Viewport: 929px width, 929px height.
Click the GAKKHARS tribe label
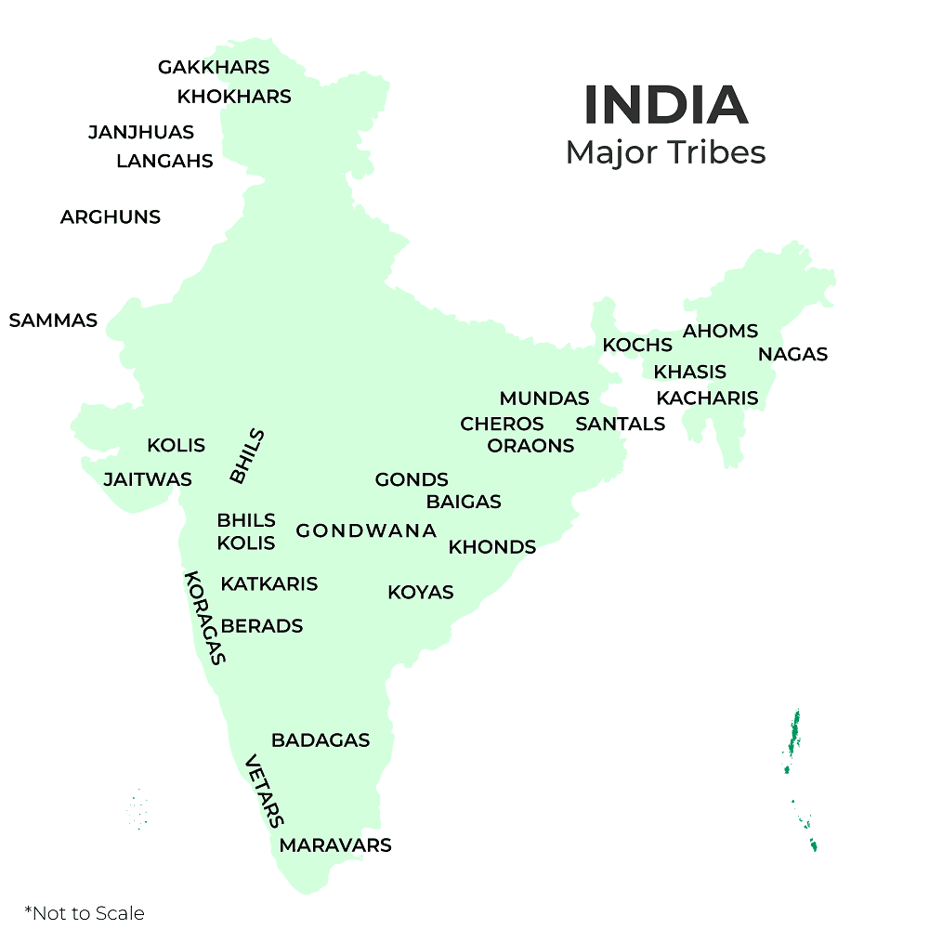click(x=214, y=68)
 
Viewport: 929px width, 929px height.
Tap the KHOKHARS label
click(x=234, y=97)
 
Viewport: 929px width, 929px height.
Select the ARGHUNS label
click(x=111, y=217)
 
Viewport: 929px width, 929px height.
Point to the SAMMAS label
click(x=53, y=321)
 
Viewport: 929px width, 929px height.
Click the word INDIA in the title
click(x=665, y=106)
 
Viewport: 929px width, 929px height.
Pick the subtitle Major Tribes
click(x=665, y=152)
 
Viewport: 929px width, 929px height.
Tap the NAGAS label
click(x=792, y=354)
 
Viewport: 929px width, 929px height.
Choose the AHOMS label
click(x=720, y=332)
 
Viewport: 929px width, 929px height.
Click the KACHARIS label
click(x=707, y=399)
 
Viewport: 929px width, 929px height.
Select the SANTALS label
click(x=621, y=425)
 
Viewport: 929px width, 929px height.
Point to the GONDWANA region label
click(x=366, y=531)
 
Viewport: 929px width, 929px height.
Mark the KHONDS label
click(x=492, y=547)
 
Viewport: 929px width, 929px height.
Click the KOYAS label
click(x=421, y=593)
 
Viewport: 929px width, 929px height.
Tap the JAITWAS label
click(x=148, y=480)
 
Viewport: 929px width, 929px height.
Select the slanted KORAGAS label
click(x=205, y=618)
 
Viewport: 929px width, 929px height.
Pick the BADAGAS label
click(x=321, y=740)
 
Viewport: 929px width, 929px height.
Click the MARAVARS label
click(x=335, y=845)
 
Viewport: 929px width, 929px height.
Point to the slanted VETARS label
click(x=264, y=791)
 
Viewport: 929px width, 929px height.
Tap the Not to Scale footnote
click(x=85, y=913)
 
